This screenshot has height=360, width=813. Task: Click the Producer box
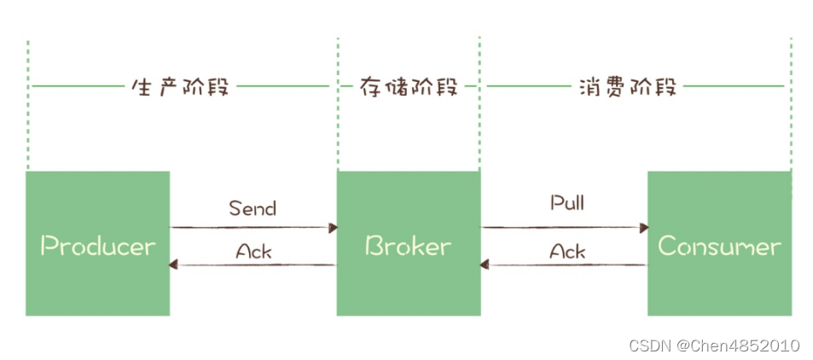[97, 243]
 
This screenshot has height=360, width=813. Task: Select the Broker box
[408, 243]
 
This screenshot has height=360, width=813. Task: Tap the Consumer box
[718, 243]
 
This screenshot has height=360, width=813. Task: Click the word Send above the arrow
[253, 208]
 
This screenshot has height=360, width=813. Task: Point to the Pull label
[566, 204]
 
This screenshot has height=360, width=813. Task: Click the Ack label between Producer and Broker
[253, 252]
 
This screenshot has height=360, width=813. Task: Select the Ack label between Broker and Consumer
[567, 252]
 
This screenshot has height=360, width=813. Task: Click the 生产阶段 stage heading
[180, 87]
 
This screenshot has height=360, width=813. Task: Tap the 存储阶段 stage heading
[408, 87]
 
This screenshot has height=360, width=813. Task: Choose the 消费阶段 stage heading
[626, 87]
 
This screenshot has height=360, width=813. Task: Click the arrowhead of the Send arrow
[334, 228]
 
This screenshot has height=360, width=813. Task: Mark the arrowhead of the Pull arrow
[644, 228]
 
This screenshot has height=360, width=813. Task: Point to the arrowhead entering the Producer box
[175, 265]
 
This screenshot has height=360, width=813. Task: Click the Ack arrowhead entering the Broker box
[485, 265]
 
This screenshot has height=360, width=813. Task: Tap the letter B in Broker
[374, 247]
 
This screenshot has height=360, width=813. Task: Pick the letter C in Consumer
[667, 247]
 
